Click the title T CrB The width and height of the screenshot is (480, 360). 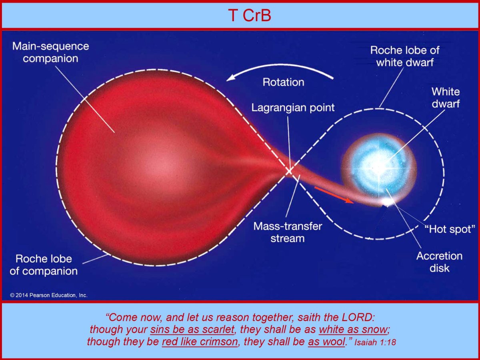pyautogui.click(x=250, y=16)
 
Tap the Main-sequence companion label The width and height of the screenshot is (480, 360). pyautogui.click(x=50, y=52)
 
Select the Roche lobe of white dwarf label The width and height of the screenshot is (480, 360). pyautogui.click(x=405, y=56)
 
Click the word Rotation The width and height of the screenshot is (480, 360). pyautogui.click(x=284, y=82)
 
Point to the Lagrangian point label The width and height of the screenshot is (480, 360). pyautogui.click(x=293, y=108)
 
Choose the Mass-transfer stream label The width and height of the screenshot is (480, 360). pyautogui.click(x=288, y=232)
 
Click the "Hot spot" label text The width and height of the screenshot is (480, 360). pyautogui.click(x=450, y=229)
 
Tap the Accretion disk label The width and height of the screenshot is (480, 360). pyautogui.click(x=439, y=262)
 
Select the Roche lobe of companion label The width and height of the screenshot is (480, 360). pyautogui.click(x=44, y=265)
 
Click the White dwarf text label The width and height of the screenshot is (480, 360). pyautogui.click(x=446, y=98)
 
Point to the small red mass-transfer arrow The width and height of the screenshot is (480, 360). pyautogui.click(x=334, y=195)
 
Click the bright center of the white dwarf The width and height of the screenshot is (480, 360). pyautogui.click(x=377, y=168)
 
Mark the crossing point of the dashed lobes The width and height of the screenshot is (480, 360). pyautogui.click(x=289, y=171)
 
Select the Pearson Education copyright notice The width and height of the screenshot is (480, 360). pyautogui.click(x=49, y=295)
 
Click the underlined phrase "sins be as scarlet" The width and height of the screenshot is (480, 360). pyautogui.click(x=192, y=329)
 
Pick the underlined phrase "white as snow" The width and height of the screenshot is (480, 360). pyautogui.click(x=353, y=329)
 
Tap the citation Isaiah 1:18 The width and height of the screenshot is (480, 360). pyautogui.click(x=375, y=342)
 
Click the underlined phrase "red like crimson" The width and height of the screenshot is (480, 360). pyautogui.click(x=200, y=342)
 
